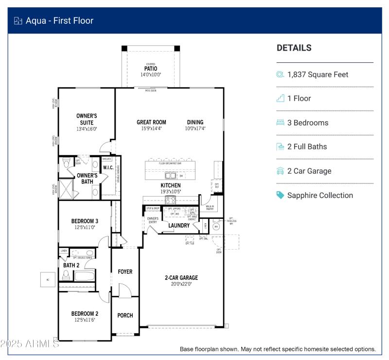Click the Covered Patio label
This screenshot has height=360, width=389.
151,69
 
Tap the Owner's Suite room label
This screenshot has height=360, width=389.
87,119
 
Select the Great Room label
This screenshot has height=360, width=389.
151,123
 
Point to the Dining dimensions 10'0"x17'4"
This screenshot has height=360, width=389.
195,129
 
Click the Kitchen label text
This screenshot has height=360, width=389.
171,185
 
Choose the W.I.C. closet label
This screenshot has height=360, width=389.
108,168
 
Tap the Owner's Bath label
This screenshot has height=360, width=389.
87,179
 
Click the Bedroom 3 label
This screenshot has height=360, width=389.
85,221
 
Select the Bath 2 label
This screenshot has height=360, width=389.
71,265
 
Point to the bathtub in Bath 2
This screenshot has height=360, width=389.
85,276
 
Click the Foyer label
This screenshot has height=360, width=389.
125,271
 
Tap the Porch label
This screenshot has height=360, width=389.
125,315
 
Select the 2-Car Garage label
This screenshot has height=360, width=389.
181,278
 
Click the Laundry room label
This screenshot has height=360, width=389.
179,225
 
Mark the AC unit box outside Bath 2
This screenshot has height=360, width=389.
48,279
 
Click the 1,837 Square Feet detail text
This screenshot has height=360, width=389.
318,74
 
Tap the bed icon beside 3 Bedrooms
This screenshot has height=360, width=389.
280,123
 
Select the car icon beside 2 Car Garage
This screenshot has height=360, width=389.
280,171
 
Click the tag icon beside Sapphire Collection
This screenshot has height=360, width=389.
280,195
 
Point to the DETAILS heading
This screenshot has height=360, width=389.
294,48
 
